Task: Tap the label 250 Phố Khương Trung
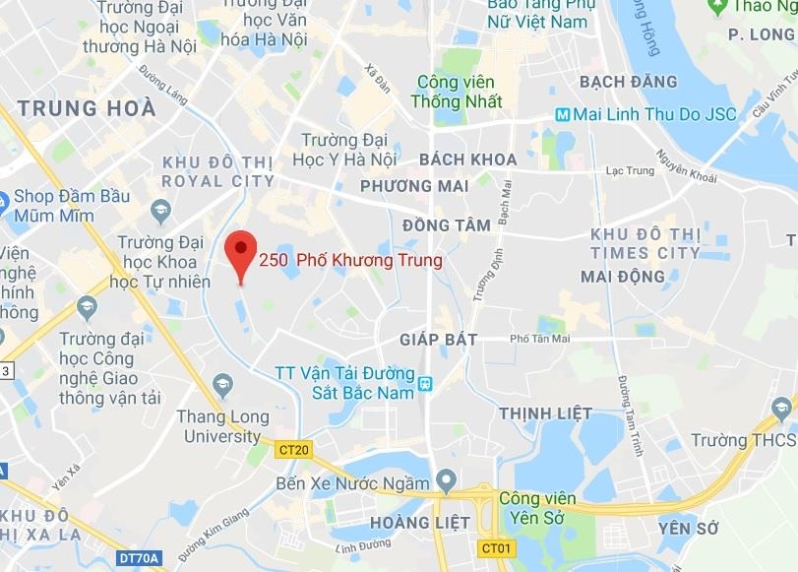coord(350,261)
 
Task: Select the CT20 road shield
coord(293,450)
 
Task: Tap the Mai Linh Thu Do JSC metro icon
coord(562,114)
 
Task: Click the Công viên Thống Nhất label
coord(459,92)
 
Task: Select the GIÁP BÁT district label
coord(438,340)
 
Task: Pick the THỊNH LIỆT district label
coord(545,413)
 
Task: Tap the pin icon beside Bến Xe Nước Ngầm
coord(446,482)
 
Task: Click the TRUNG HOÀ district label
coord(87,108)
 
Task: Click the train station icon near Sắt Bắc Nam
coord(425,384)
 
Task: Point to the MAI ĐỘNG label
coord(623,277)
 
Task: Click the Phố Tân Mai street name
coord(539,339)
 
